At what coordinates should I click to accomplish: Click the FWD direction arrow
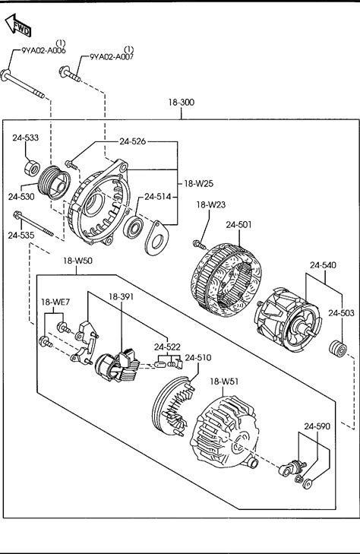17,25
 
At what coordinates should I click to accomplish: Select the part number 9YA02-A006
44,50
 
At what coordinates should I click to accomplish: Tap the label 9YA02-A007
112,56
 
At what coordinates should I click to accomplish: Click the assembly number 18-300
181,103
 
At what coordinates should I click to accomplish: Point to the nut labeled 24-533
32,168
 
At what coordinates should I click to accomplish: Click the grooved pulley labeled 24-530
54,182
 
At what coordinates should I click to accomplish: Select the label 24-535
21,236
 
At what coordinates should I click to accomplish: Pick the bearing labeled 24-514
134,227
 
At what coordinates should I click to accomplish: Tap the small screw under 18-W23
199,243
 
